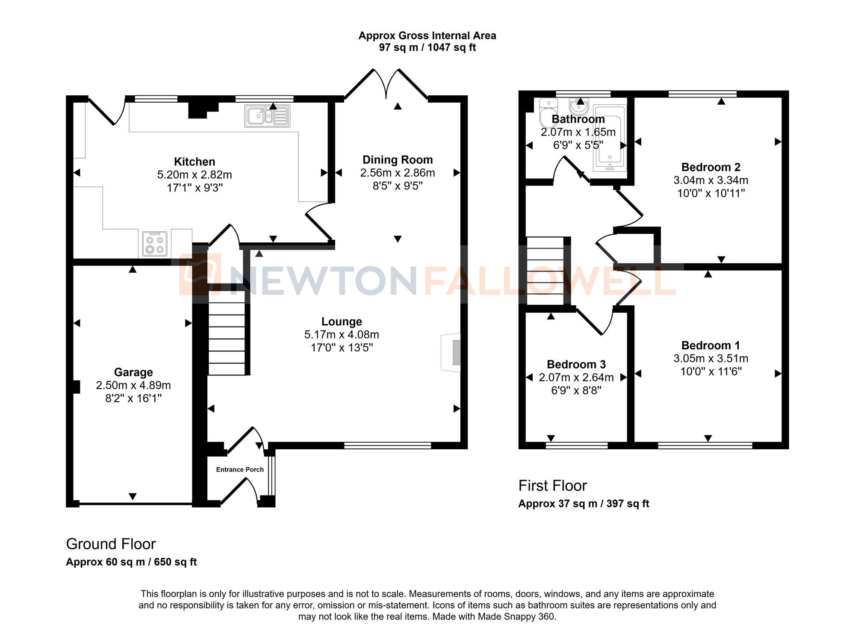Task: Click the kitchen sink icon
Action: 267,116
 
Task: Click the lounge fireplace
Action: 452,353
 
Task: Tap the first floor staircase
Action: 545,271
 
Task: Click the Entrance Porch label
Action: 240,469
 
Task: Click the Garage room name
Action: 133,372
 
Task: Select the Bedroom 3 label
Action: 576,364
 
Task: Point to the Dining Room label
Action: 398,160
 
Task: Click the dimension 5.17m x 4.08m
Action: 342,335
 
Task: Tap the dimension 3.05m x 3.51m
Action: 711,358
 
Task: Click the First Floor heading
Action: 552,486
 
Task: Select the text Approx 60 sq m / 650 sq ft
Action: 131,562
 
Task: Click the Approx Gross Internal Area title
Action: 427,36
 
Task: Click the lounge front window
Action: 387,445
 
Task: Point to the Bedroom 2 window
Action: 703,94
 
